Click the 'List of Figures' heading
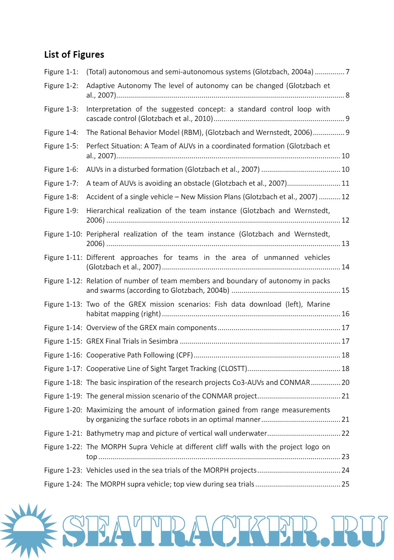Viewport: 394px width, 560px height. click(x=74, y=55)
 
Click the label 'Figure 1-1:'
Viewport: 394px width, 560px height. click(x=61, y=72)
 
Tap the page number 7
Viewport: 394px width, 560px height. click(x=348, y=72)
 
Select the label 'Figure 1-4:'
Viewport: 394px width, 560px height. click(x=61, y=132)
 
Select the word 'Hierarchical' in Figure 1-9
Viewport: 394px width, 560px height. click(x=105, y=211)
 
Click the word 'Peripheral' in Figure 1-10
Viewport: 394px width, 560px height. click(x=103, y=234)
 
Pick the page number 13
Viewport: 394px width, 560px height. click(x=345, y=244)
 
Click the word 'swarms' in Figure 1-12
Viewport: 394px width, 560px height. click(x=113, y=291)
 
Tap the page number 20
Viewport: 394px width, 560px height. click(x=345, y=383)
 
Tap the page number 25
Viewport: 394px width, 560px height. click(x=345, y=484)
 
